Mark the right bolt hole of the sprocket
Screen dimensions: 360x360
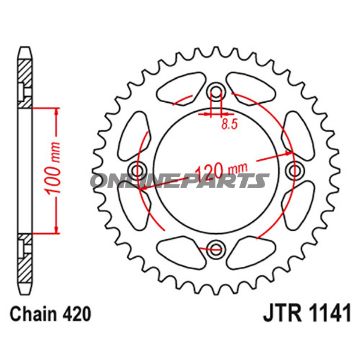292,171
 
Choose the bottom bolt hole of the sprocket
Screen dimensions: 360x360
215,250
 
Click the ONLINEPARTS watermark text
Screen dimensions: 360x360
180,181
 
